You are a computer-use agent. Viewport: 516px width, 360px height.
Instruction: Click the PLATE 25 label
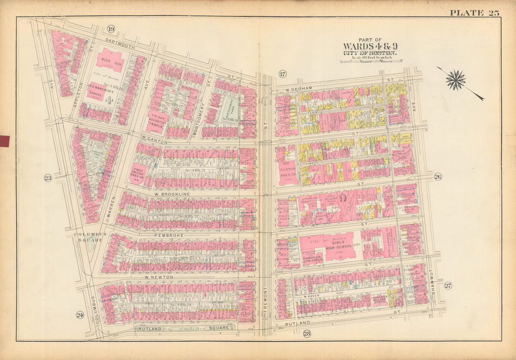[474, 12]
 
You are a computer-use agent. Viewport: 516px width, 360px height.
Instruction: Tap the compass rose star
[456, 79]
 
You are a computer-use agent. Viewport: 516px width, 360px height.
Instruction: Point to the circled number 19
[111, 29]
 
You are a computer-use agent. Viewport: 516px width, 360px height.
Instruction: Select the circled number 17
[282, 73]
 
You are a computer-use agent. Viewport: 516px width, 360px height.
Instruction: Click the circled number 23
[48, 178]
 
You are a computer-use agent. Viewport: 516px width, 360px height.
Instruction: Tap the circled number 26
[438, 177]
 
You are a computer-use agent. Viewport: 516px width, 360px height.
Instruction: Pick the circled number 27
[447, 286]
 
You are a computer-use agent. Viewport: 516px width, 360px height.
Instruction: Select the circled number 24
[79, 315]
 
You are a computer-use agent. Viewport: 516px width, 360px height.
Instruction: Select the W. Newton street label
[158, 277]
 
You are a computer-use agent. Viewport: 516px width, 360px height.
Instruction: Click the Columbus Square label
[90, 237]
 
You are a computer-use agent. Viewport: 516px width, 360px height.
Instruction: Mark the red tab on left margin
[5, 140]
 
